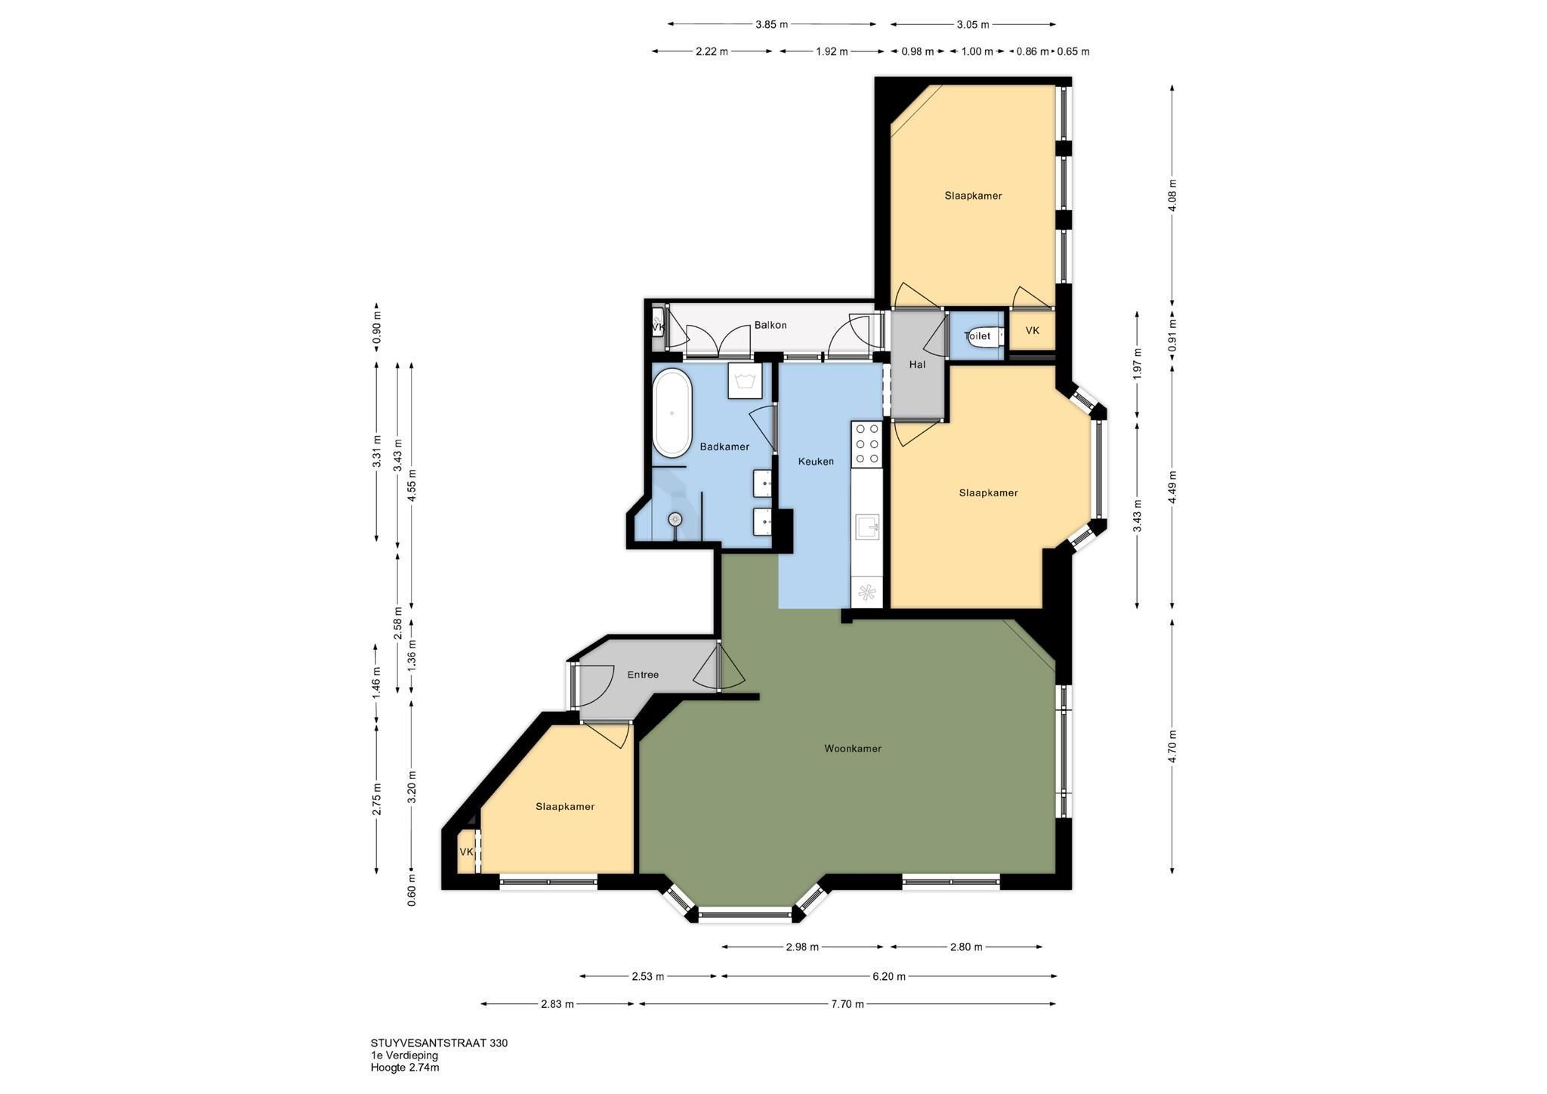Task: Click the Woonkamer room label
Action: pos(853,749)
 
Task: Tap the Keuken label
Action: pos(817,461)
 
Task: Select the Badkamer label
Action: pos(724,447)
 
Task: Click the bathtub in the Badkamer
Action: pos(672,413)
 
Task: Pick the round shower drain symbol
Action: pos(675,519)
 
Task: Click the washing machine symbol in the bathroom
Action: pos(744,380)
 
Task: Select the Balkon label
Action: pos(770,325)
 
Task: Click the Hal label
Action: pos(917,364)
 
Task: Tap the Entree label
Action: pos(643,675)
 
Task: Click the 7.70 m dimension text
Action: pos(848,1004)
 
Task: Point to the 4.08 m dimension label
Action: pos(1172,196)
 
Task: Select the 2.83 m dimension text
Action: pos(557,1004)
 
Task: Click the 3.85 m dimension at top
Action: pos(771,24)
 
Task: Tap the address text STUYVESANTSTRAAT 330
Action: pos(439,1043)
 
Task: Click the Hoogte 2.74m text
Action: pos(405,1068)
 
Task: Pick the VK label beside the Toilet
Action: pos(1032,330)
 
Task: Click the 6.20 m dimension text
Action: pos(888,976)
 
